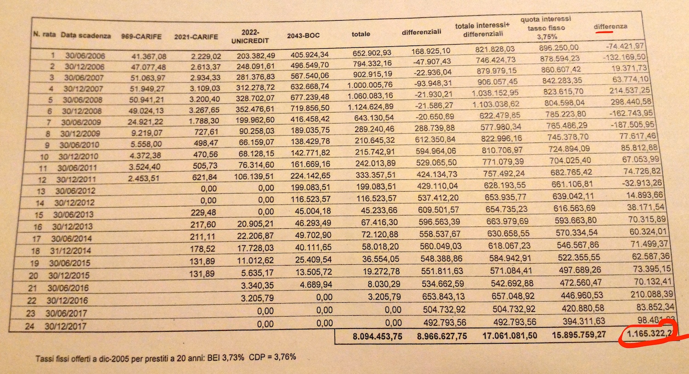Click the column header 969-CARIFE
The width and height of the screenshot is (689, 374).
click(x=141, y=36)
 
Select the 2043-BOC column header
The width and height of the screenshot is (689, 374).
click(x=303, y=35)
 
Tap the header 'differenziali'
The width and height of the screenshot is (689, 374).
click(x=421, y=32)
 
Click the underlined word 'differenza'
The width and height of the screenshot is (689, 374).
click(x=610, y=26)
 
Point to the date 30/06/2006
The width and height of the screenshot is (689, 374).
click(x=85, y=56)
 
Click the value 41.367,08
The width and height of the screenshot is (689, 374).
click(x=149, y=56)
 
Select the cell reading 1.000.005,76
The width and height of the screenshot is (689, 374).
click(x=370, y=85)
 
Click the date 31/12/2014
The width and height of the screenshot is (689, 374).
click(x=70, y=251)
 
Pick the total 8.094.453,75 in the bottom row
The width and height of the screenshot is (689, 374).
click(x=377, y=337)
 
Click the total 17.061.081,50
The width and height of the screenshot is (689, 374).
click(x=509, y=336)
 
